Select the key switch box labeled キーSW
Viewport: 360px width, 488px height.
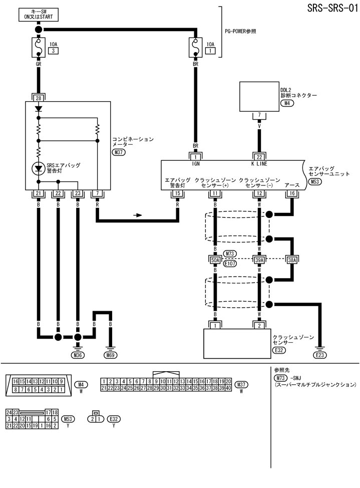click(38, 14)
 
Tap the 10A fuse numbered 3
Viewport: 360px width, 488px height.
click(38, 48)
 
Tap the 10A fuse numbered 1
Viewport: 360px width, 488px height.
click(194, 48)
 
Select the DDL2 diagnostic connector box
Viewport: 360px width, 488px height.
click(259, 97)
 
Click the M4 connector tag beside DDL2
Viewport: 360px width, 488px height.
click(287, 103)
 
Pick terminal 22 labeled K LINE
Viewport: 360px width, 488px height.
click(259, 156)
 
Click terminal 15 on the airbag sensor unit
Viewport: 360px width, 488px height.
click(177, 193)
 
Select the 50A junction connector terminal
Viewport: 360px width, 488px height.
click(215, 260)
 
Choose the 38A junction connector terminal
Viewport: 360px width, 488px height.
click(292, 260)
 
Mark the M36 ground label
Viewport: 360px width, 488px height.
click(78, 355)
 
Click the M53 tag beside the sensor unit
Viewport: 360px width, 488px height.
click(315, 182)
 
